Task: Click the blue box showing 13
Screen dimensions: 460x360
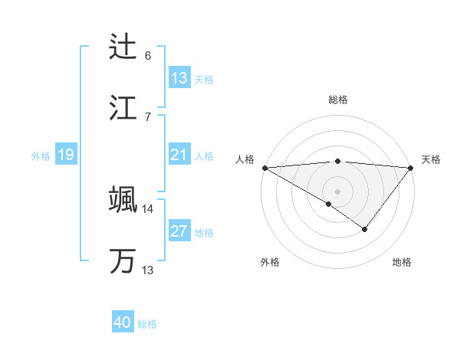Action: (179, 78)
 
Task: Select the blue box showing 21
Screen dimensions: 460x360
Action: (179, 155)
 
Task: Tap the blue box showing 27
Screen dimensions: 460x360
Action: (179, 232)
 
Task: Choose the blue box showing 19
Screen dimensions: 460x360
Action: (66, 155)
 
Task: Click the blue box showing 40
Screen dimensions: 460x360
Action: (123, 323)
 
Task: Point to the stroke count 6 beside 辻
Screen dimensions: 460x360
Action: (148, 56)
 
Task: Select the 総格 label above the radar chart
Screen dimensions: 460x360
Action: (338, 100)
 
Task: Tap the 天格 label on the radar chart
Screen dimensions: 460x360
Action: (431, 159)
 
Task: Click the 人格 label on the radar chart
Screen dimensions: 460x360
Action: (244, 159)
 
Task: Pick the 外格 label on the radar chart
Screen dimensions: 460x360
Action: (270, 262)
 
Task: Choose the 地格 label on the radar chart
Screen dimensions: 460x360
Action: (402, 262)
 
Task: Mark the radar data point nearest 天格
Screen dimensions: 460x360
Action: (411, 167)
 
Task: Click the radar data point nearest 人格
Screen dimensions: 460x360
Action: (264, 167)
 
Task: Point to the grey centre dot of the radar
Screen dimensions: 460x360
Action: (337, 191)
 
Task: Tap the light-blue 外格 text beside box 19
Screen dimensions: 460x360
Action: (41, 156)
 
